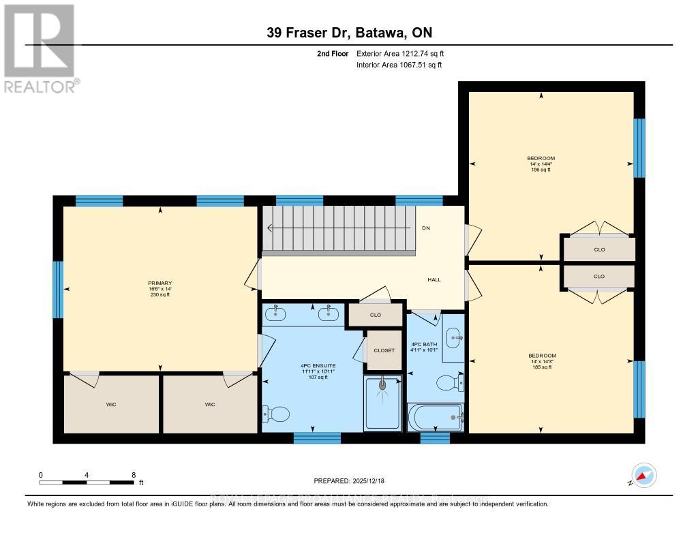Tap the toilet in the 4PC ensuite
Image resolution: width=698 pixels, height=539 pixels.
[x=276, y=414]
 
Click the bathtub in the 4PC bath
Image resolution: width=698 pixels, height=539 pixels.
[x=435, y=416]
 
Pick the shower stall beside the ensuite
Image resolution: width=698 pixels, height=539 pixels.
[x=382, y=402]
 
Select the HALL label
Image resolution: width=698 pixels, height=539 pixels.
[x=434, y=280]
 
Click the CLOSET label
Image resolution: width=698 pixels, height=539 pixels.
[x=384, y=350]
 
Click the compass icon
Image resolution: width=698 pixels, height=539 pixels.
[x=643, y=475]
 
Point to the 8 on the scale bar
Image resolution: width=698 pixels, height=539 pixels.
[x=134, y=475]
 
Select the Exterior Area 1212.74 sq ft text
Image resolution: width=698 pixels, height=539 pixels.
[x=400, y=53]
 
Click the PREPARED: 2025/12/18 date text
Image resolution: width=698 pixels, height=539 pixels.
[x=349, y=481]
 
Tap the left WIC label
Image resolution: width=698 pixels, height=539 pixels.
[x=111, y=405]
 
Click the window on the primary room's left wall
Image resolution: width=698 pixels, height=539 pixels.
[x=58, y=290]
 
